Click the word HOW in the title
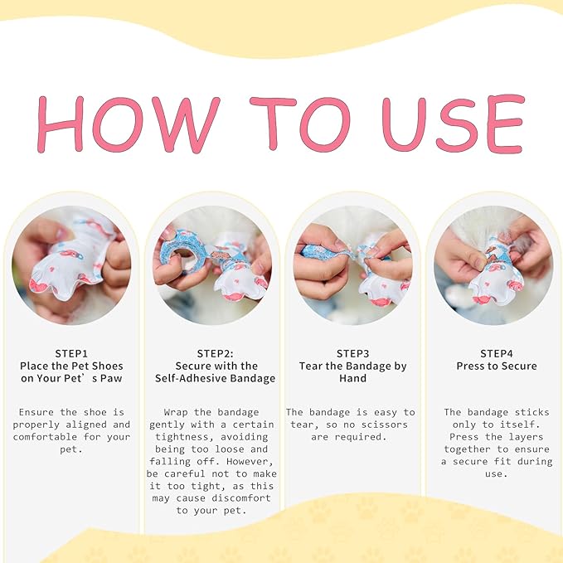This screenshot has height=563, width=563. (x=129, y=124)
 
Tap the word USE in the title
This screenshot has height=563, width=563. (x=454, y=124)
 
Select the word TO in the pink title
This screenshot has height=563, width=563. (x=300, y=124)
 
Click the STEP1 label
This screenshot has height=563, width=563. (x=71, y=354)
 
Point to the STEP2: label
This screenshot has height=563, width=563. (x=215, y=354)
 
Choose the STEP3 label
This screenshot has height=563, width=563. (x=352, y=354)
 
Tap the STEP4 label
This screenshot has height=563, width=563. (x=497, y=354)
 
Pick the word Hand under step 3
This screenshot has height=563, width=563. (x=352, y=378)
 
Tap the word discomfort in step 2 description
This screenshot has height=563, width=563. (x=241, y=498)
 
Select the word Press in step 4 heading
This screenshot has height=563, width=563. (x=471, y=366)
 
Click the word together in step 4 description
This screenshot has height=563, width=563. (x=467, y=449)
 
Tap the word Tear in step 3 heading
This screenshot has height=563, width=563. (x=311, y=366)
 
